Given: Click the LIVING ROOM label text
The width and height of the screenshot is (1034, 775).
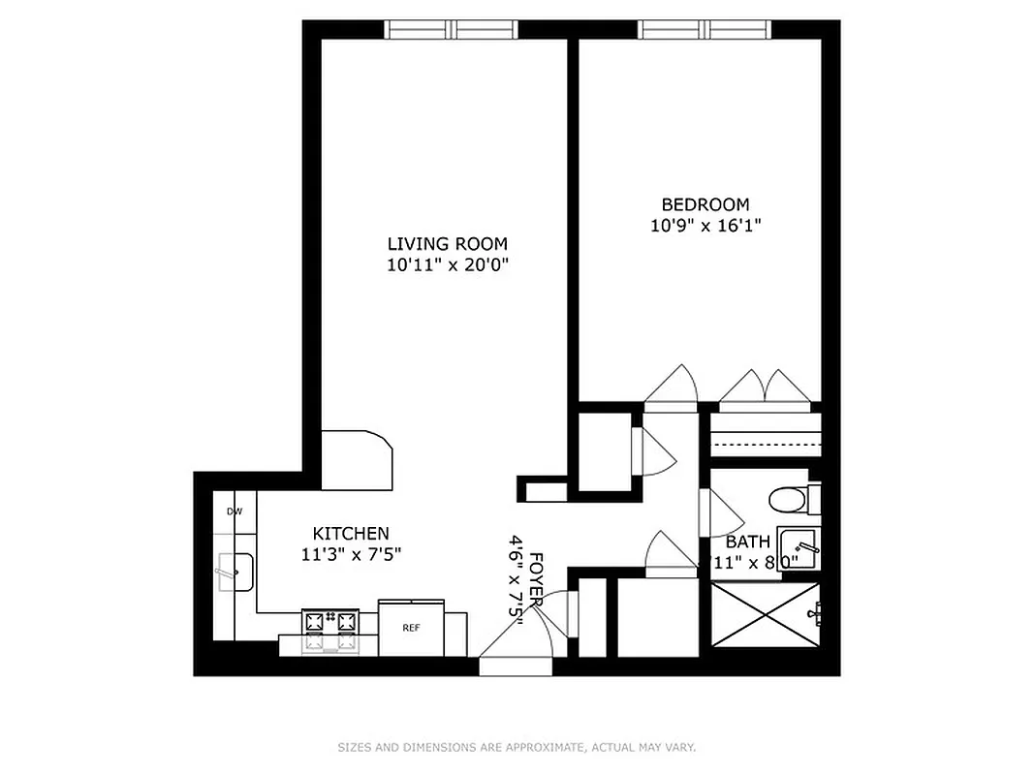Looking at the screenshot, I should tap(447, 244).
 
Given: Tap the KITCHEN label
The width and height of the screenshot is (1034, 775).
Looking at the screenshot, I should tap(351, 534).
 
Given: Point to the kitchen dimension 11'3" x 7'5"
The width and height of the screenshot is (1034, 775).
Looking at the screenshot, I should tap(351, 555).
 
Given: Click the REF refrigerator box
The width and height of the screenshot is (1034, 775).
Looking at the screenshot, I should tap(411, 627).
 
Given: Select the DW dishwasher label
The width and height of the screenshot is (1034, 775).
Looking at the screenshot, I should tap(234, 511).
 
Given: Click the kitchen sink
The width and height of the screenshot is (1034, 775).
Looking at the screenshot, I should tap(234, 572).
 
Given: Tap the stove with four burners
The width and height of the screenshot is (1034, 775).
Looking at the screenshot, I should tap(330, 632).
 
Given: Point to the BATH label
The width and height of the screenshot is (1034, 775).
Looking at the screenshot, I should tap(748, 542).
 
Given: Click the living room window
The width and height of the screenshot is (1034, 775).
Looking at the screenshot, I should tap(454, 29).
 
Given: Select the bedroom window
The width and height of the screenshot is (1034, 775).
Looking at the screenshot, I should tap(705, 29).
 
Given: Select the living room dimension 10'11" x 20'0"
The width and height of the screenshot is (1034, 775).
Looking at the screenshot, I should tap(447, 264).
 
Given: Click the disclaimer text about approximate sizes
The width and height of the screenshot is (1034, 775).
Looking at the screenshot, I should tap(517, 747).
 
